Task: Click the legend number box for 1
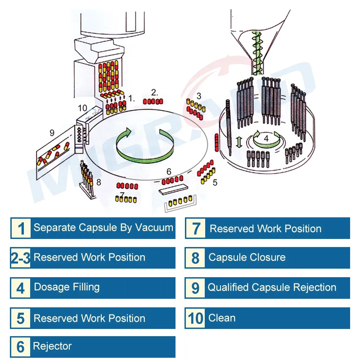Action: pyautogui.click(x=21, y=228)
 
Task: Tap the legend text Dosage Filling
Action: pyautogui.click(x=67, y=287)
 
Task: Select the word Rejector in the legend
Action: pyautogui.click(x=52, y=346)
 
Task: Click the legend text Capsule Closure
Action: pyautogui.click(x=247, y=257)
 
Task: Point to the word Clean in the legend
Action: pyautogui.click(x=222, y=318)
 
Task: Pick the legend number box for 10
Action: pyautogui.click(x=195, y=318)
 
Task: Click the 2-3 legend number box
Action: pyautogui.click(x=21, y=257)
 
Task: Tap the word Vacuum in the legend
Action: pyautogui.click(x=154, y=228)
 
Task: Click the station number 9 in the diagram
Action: pyautogui.click(x=52, y=133)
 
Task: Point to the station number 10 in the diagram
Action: pyautogui.click(x=82, y=108)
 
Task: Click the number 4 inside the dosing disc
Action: pyautogui.click(x=266, y=139)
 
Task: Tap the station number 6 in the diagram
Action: pyautogui.click(x=169, y=171)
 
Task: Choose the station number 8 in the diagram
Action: pyautogui.click(x=99, y=182)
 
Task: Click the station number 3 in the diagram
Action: pyautogui.click(x=199, y=96)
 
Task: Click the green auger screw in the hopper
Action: pyautogui.click(x=256, y=53)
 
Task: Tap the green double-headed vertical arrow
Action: pyautogui.click(x=239, y=142)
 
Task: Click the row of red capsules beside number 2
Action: pyautogui.click(x=153, y=101)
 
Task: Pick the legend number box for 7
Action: pyautogui.click(x=195, y=229)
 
